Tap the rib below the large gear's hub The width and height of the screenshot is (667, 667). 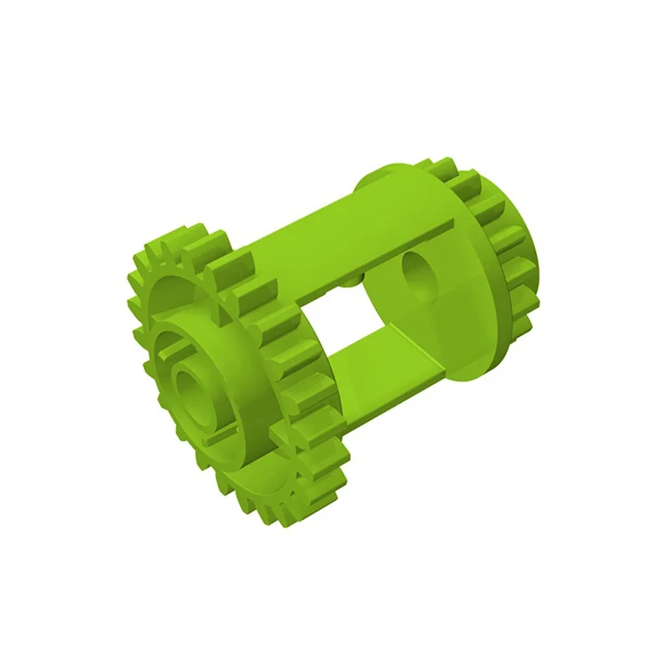218,434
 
